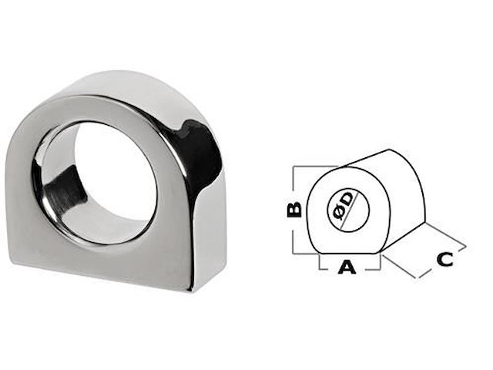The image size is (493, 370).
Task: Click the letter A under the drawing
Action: pyautogui.click(x=347, y=267)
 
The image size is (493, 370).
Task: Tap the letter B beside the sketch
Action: pyautogui.click(x=294, y=208)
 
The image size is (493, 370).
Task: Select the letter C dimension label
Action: pyautogui.click(x=444, y=259)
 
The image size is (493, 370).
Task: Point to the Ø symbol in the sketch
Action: pyautogui.click(x=336, y=211)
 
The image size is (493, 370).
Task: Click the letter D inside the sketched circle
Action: pyautogui.click(x=348, y=198)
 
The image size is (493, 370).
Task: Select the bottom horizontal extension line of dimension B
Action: pyautogui.click(x=305, y=252)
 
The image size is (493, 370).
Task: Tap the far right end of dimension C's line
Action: pyautogui.click(x=465, y=247)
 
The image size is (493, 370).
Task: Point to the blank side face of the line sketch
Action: pyautogui.click(x=404, y=200)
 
